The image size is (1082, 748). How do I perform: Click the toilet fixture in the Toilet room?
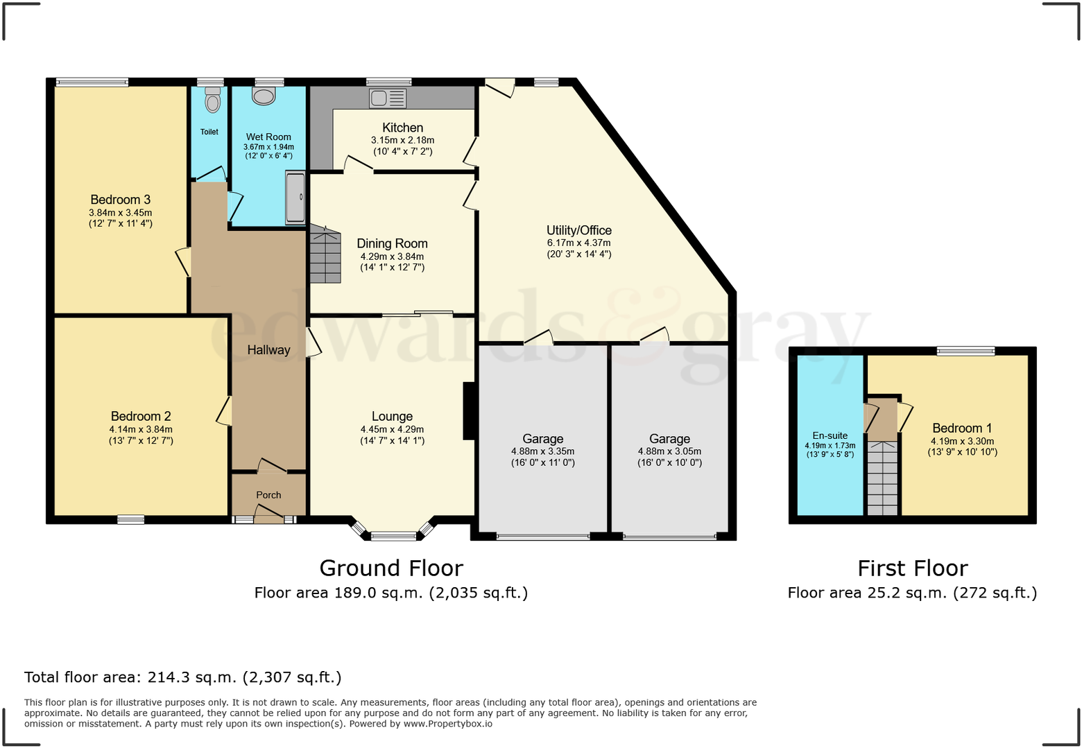click(212, 99)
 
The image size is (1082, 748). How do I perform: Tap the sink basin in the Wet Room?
click(264, 96)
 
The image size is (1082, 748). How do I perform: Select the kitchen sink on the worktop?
click(388, 98)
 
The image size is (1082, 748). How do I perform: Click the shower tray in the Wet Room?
click(295, 198)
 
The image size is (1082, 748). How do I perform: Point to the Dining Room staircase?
click(325, 254)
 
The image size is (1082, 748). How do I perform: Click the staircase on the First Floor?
click(882, 478)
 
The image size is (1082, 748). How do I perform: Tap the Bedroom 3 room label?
click(120, 200)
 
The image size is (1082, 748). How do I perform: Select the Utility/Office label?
click(579, 230)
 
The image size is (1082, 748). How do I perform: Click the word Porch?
click(268, 495)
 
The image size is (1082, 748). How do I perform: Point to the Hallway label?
click(268, 350)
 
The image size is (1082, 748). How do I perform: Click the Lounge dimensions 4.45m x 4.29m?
click(393, 429)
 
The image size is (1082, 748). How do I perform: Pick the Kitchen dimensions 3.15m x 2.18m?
click(403, 140)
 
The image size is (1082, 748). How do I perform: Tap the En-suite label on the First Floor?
click(830, 435)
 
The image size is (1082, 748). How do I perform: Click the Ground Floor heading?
click(391, 568)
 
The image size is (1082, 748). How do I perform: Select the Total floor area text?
click(183, 677)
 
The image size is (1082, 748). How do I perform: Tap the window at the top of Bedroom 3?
click(92, 82)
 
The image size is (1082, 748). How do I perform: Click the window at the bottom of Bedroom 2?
click(131, 519)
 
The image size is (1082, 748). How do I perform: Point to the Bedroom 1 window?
click(965, 351)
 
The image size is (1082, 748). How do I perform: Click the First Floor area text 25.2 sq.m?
click(913, 593)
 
